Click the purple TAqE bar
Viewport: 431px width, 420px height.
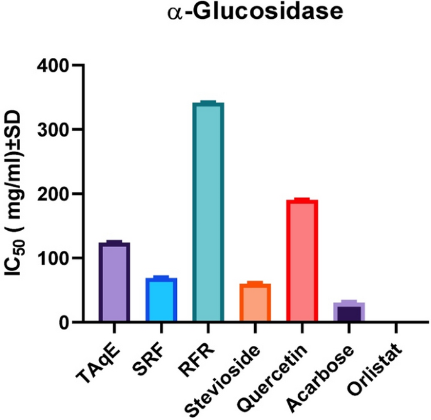[x=114, y=283]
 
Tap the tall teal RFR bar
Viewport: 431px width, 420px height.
[x=208, y=214]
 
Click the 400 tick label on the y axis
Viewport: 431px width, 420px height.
[x=52, y=65]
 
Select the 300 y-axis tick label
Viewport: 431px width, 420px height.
[x=52, y=130]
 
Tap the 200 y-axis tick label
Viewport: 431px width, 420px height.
[x=52, y=194]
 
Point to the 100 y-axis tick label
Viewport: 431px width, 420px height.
[x=52, y=258]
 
